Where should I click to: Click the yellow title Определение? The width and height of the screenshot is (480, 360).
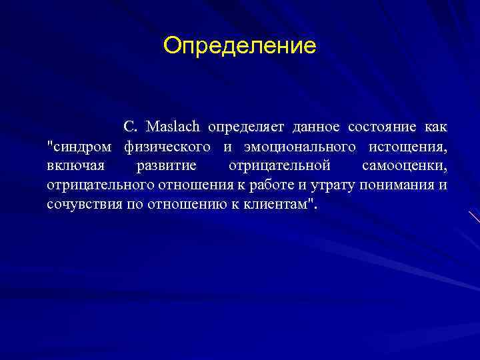tap(240, 46)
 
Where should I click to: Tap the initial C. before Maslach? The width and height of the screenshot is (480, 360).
tap(130, 127)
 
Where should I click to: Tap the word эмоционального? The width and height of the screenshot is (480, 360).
tap(293, 146)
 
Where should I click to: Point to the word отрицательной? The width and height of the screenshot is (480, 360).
tap(279, 165)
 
